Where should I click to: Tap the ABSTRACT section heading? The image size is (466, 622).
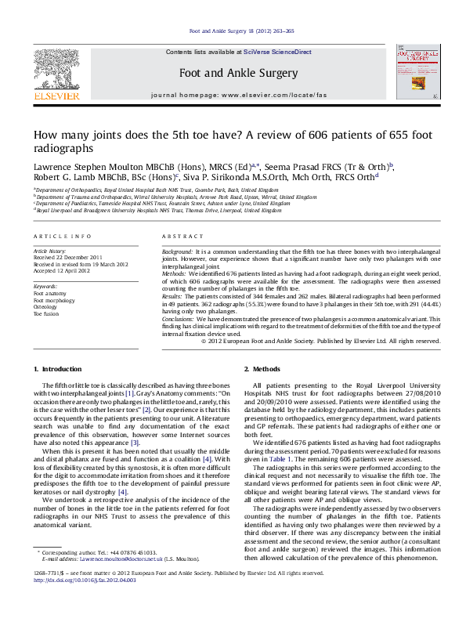click(179, 236)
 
